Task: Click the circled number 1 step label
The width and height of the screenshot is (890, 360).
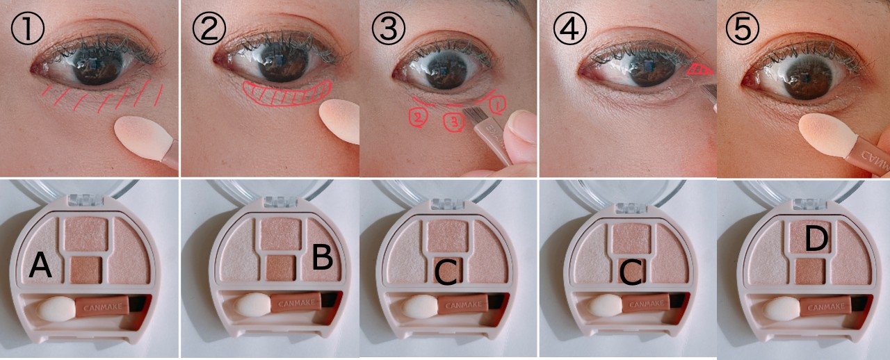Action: tap(27, 28)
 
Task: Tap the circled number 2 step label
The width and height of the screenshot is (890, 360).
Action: tap(209, 28)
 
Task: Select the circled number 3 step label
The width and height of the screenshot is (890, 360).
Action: tap(388, 28)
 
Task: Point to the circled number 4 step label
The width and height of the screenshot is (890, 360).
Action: tap(570, 28)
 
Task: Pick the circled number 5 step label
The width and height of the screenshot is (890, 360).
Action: tap(742, 28)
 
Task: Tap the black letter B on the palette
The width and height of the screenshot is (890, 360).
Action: tap(322, 257)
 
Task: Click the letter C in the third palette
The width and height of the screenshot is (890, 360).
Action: tap(446, 272)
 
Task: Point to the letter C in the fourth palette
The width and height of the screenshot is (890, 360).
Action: tap(631, 272)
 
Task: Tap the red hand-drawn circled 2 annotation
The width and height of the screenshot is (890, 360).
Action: tap(419, 117)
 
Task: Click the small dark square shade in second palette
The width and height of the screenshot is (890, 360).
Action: tap(280, 268)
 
